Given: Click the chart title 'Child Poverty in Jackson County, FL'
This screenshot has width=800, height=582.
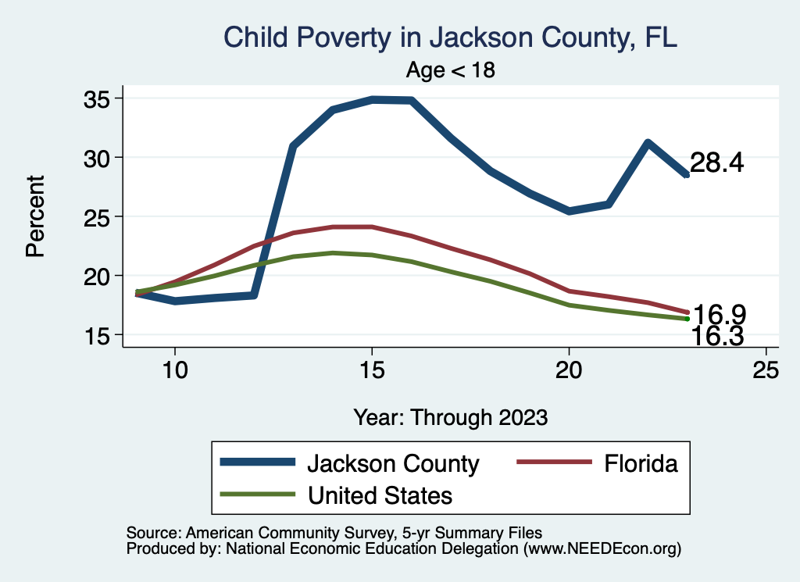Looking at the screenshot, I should point(449,37).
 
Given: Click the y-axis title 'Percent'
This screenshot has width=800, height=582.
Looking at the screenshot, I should point(35,216).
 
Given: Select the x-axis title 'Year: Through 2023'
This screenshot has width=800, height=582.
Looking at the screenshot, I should point(450,416).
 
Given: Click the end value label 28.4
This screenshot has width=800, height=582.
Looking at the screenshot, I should point(717,163).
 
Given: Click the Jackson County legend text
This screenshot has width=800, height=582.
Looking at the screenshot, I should point(392,463).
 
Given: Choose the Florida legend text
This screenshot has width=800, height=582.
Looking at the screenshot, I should point(640,463).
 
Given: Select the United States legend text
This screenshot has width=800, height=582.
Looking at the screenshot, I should point(380,495).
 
